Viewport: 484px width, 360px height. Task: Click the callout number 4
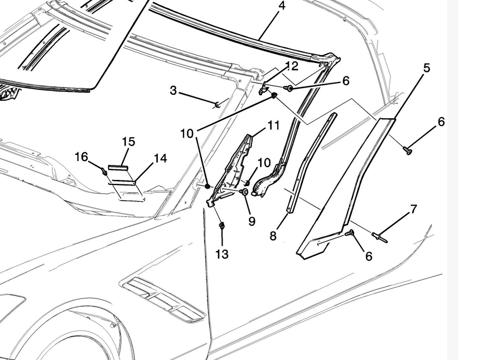[282, 6]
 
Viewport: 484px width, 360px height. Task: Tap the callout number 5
[427, 68]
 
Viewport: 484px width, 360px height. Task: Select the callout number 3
[173, 90]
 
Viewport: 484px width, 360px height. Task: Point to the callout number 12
[291, 66]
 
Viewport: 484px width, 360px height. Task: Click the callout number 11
[273, 125]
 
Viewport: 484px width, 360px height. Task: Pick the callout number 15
[128, 142]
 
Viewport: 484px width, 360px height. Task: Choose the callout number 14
[160, 159]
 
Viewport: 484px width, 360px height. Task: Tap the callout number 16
[81, 157]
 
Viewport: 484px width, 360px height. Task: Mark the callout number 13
[222, 254]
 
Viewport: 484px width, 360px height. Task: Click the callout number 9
[252, 221]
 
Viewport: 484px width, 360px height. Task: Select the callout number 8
[273, 236]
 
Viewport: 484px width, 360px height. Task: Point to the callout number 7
[413, 210]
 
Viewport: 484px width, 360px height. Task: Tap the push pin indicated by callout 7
[380, 237]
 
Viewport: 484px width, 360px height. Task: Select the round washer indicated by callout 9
[244, 192]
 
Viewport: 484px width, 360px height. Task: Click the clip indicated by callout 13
[221, 226]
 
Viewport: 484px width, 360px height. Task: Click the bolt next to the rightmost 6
[408, 149]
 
